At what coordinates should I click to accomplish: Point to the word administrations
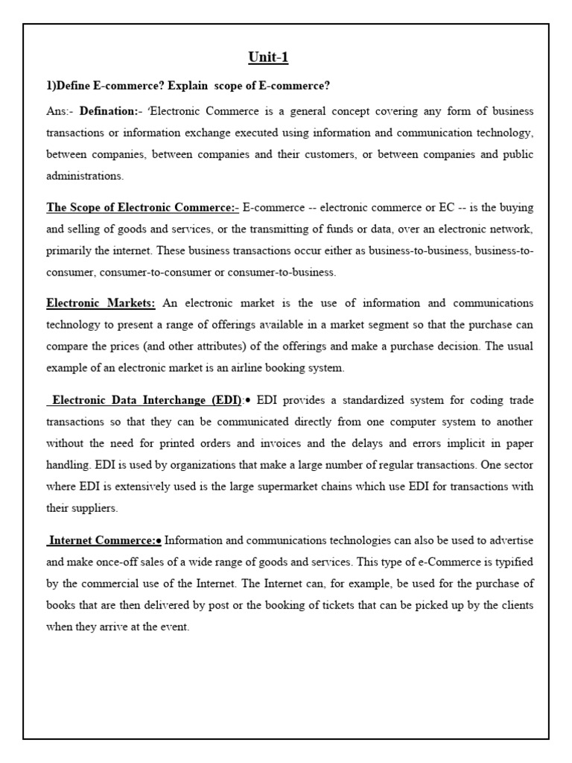click(85, 177)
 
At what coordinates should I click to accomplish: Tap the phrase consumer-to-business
click(284, 273)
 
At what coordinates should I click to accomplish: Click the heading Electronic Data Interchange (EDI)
click(145, 401)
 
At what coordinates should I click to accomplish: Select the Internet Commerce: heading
click(104, 539)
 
